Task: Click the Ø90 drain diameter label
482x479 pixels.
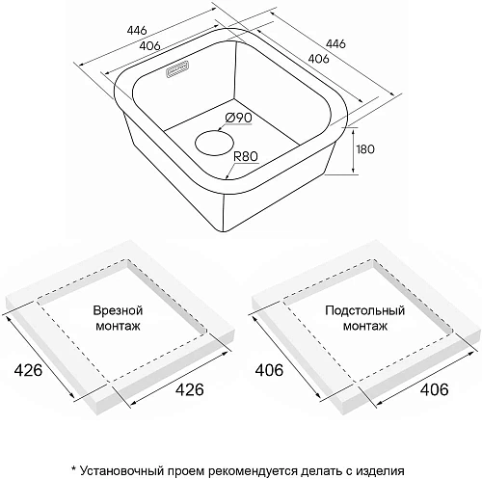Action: coord(239,118)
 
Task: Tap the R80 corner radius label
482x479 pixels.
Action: coord(246,156)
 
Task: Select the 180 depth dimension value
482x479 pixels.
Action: coord(365,149)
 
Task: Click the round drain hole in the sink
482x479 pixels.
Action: coord(214,143)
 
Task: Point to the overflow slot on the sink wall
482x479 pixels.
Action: coord(177,68)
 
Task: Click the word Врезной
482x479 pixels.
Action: coord(118,310)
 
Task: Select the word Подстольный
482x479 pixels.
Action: coord(364,311)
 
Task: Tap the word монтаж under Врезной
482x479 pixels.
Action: coord(119,327)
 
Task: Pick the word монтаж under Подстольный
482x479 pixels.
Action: coord(365,327)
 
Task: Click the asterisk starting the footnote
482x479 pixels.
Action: coord(74,468)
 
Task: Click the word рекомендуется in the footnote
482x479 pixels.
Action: coord(253,472)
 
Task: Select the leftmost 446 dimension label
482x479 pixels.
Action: coord(137,30)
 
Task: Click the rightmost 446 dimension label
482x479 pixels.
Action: coord(336,43)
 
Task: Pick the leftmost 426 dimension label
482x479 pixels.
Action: coord(28,370)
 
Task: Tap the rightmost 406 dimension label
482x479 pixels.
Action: coord(434,389)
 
